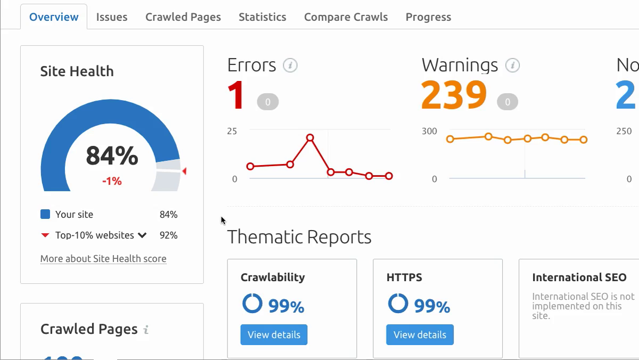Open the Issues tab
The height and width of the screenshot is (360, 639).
coord(112,17)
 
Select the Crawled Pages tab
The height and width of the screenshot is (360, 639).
coord(183,17)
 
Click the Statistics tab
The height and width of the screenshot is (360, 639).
coord(262,17)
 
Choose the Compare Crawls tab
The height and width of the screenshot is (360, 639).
coord(346,17)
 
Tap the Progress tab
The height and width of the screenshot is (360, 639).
coord(428,17)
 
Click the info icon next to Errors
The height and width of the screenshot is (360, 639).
coord(290,66)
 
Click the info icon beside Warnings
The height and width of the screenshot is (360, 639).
coord(512,66)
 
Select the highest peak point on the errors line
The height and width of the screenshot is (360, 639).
coord(310,138)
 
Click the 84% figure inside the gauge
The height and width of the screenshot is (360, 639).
coord(112,156)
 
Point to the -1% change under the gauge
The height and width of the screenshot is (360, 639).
coord(112,181)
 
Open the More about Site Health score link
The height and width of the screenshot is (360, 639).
coord(103,259)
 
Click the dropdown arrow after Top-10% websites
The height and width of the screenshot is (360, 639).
coord(142,235)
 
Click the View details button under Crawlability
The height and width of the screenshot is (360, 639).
coord(274,334)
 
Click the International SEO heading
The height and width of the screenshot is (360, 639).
coord(579,277)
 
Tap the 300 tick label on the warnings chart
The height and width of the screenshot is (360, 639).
coord(429,131)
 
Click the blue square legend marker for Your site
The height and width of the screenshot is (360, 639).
coord(45,215)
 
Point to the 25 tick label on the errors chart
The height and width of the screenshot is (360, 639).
coord(232,131)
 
